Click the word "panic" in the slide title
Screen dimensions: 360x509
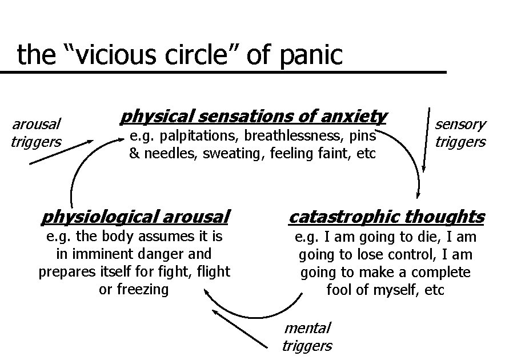[313, 55]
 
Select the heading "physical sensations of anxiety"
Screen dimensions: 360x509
[253, 117]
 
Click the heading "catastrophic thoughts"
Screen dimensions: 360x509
[387, 217]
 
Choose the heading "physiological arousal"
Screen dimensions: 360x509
[135, 217]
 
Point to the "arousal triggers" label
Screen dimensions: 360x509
[37, 133]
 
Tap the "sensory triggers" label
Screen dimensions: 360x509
[460, 133]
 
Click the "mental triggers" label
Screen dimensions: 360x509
[307, 337]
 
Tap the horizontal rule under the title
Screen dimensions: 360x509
[223, 73]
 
